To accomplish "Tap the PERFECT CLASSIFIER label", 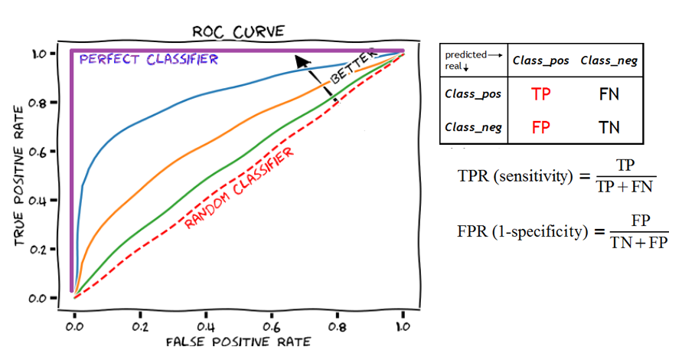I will tap(149, 59).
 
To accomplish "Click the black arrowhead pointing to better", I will tap(303, 61).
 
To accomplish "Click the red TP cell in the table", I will tap(541, 94).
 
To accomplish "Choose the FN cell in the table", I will tap(609, 94).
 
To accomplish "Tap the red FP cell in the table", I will tap(541, 127).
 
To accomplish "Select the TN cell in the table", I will tap(609, 127).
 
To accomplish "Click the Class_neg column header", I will tap(609, 60).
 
